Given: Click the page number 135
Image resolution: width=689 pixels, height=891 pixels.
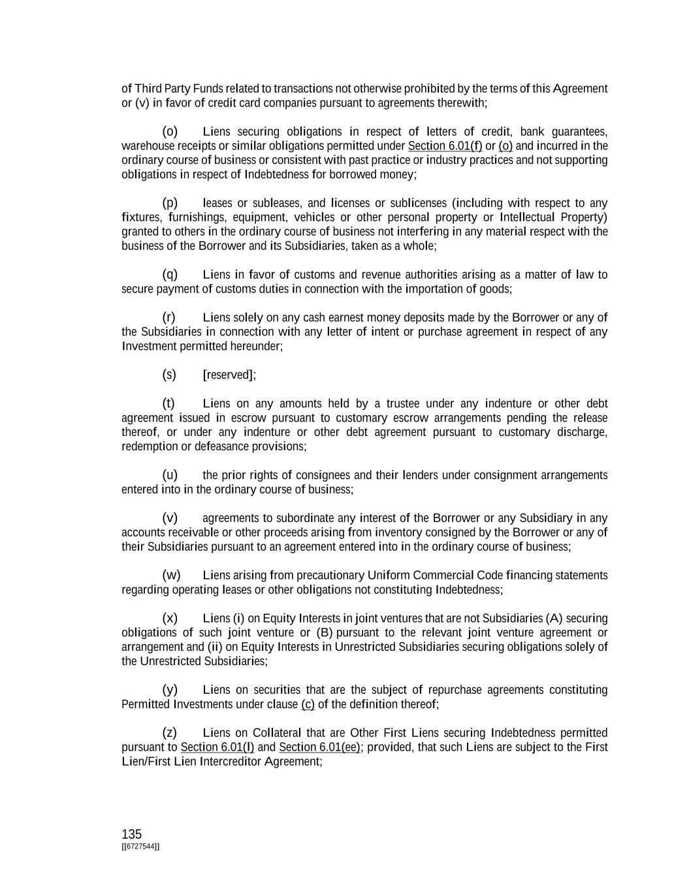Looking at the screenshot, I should tap(131, 834).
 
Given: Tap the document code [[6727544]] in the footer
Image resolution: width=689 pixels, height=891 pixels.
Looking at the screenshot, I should tap(140, 847).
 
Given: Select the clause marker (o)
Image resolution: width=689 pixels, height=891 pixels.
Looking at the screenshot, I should tap(170, 131).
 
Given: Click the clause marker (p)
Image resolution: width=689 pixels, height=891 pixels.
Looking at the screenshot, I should tap(170, 203).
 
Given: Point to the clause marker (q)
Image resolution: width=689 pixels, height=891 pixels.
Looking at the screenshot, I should tap(170, 274).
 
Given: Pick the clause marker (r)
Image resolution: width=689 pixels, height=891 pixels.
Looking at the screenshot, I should tap(169, 317).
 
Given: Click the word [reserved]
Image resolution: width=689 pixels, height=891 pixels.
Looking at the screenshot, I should tap(229, 375).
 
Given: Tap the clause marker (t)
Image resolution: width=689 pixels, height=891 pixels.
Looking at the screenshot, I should tap(168, 403).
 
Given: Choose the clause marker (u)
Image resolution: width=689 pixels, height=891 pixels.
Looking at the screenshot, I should tap(170, 475).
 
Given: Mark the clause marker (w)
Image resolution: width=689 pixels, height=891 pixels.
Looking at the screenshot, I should tap(171, 575).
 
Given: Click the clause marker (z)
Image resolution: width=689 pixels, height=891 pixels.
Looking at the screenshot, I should tap(170, 733).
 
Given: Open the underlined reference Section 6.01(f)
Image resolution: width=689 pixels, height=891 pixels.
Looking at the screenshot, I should tap(445, 146).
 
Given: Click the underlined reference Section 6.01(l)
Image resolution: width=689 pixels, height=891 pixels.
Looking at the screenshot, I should tap(217, 747).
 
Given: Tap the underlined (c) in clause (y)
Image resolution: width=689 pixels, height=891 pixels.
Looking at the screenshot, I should tap(308, 704).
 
